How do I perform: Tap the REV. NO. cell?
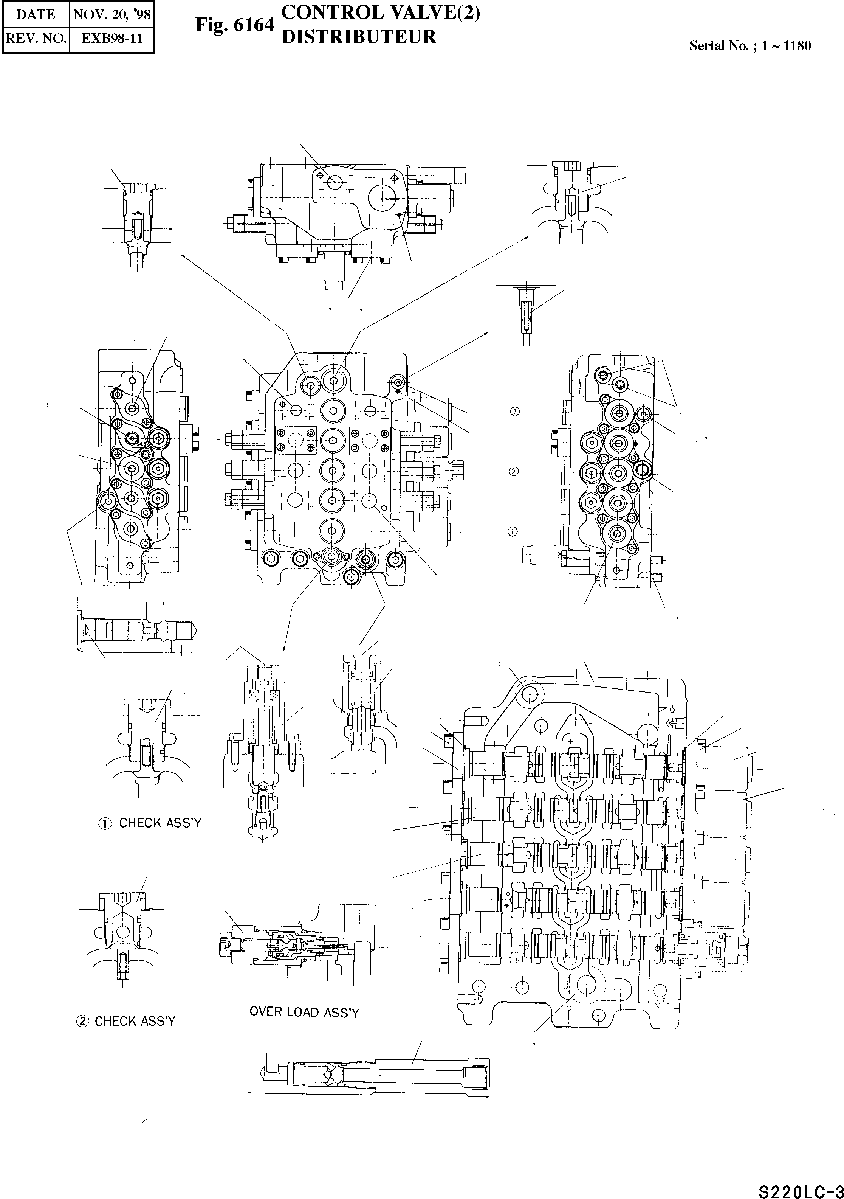point(36,38)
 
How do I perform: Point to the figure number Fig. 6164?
point(234,25)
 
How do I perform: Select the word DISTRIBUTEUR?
point(359,37)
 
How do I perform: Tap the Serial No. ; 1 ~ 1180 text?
point(750,45)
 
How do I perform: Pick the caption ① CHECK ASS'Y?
point(150,823)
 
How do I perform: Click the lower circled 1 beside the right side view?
point(513,532)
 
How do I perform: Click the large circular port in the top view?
point(382,197)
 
